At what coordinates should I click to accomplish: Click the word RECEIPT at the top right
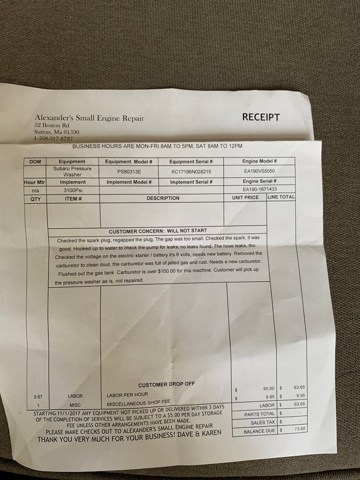coord(261,117)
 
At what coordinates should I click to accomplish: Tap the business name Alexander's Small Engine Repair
coord(89,119)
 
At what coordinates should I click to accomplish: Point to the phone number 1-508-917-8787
coord(53,139)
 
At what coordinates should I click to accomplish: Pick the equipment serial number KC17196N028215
coord(191,171)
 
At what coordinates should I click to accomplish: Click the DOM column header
coord(35,162)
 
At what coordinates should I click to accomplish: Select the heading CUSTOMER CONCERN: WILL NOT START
coord(158,231)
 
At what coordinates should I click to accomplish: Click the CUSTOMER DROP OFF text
coord(165,385)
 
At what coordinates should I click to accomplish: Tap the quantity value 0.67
coord(38,396)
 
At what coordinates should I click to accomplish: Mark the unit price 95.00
coord(268,388)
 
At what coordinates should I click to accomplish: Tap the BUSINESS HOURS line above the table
coord(156,146)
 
